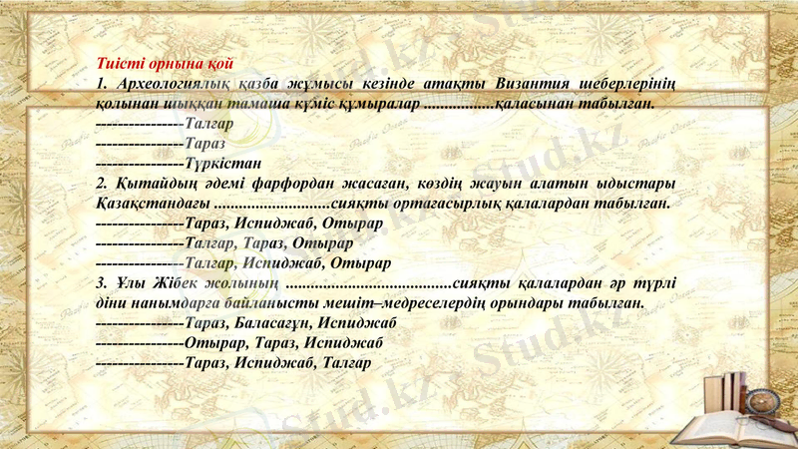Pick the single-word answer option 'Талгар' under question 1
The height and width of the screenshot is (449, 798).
(209, 124)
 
